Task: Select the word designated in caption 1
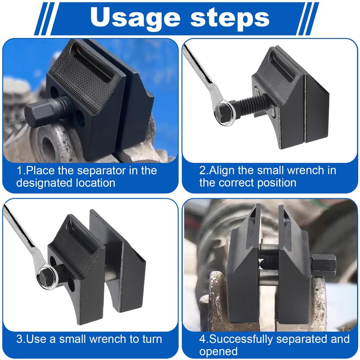click(42, 183)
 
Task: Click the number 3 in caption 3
click(20, 339)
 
